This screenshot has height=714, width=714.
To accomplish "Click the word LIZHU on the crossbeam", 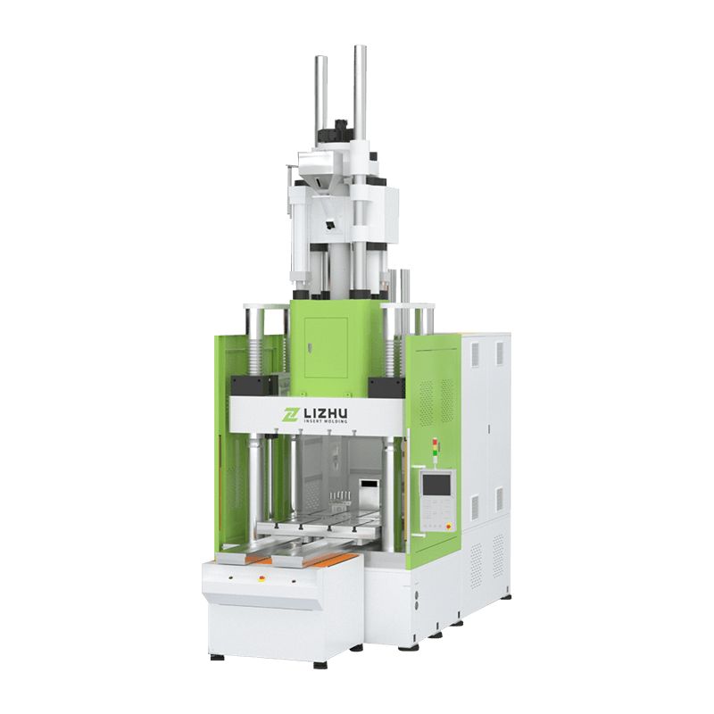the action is click(x=325, y=413).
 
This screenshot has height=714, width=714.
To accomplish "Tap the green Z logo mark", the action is click(x=290, y=414).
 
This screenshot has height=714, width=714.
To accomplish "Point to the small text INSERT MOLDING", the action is click(x=325, y=421).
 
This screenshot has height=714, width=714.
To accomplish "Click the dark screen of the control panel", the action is click(x=436, y=484).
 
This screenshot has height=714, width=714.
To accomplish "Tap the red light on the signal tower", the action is click(x=435, y=441).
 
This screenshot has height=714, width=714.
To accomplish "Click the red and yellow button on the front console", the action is click(x=262, y=578).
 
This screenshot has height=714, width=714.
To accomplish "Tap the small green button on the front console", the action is click(x=231, y=577).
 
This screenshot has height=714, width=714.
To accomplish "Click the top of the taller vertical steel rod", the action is click(x=361, y=47).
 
